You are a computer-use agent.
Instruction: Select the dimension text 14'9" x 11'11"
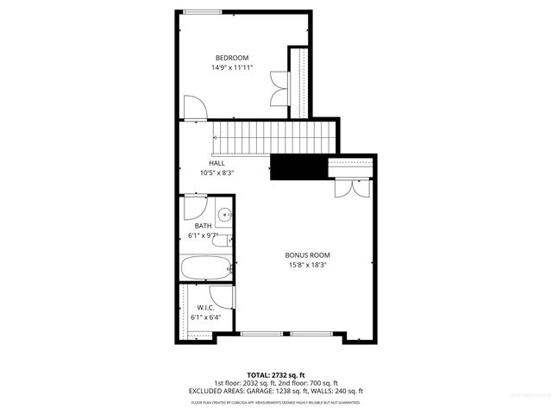click(232, 68)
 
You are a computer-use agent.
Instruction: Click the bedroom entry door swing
click(195, 107)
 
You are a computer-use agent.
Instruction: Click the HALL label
click(217, 162)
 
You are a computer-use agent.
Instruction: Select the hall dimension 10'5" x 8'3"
click(217, 172)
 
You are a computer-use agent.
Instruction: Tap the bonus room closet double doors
click(352, 187)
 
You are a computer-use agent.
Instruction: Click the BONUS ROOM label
click(308, 255)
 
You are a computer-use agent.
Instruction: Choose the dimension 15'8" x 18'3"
click(308, 266)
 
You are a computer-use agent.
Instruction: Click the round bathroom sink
click(224, 216)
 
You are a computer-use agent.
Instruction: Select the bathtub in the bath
click(206, 268)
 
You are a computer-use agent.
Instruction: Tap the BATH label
click(203, 226)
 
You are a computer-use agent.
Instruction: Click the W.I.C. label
click(205, 307)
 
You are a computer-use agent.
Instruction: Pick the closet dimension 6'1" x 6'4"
click(205, 317)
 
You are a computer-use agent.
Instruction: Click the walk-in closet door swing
click(223, 296)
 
